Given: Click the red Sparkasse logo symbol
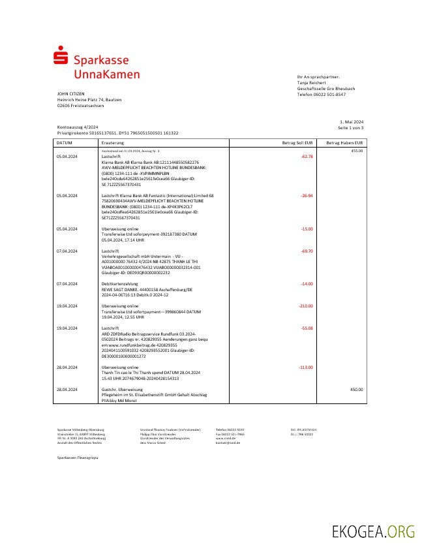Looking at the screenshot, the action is pos(61,56).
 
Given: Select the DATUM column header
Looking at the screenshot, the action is pos(65,142).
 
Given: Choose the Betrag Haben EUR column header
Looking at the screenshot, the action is pos(345,142).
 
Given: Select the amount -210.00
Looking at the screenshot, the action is pos(306,306).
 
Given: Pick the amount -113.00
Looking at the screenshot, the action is pos(306,368).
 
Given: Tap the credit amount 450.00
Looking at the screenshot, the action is pos(356,389).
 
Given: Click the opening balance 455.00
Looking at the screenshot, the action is pos(357,151).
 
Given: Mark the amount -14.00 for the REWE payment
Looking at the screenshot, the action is pos(307,284).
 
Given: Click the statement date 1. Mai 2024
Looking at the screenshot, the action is pos(352,122).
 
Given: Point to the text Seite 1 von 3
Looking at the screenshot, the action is pos(351,127).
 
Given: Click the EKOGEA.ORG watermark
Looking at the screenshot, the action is pos(373,531).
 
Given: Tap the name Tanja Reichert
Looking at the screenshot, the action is pos(313,83).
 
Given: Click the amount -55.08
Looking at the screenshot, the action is pos(307,328).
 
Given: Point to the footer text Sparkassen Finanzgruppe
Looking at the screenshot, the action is pos(78,459).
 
